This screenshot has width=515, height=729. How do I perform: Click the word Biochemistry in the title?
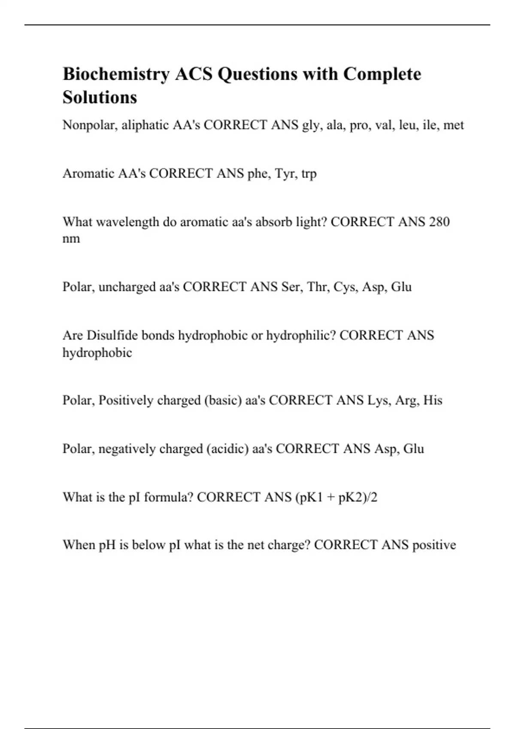coord(116,74)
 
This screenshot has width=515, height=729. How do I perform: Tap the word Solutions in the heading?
coord(100,97)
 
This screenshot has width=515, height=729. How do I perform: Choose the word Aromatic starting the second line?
coord(88,174)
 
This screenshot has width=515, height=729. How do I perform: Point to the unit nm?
coord(71,239)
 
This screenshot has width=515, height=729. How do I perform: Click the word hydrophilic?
coord(301,335)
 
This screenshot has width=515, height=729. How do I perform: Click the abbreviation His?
coord(433,400)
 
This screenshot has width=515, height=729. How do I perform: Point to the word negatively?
coord(127,449)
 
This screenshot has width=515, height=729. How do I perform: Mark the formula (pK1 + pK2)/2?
coord(336,497)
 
